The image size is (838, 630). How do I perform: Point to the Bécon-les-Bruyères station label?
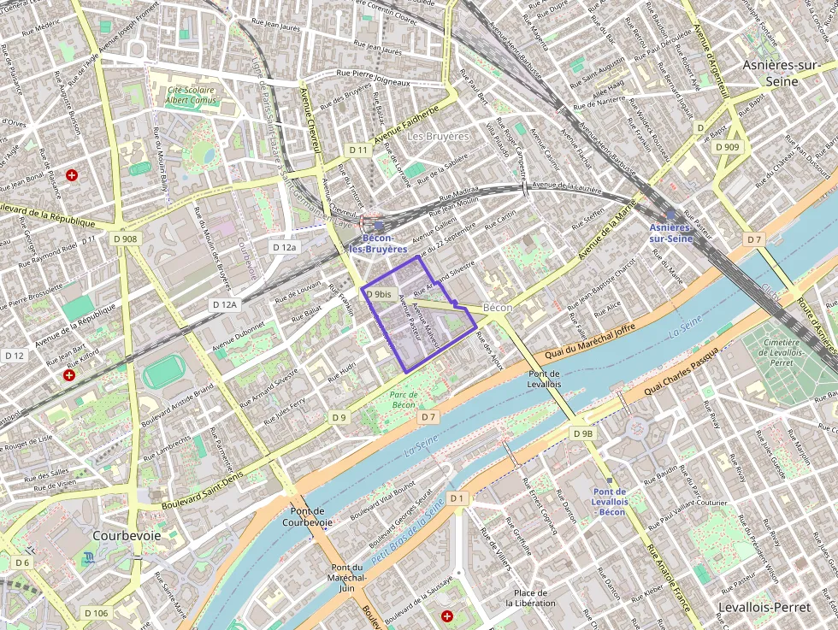[x=372, y=244]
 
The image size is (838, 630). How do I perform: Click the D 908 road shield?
[x=124, y=238]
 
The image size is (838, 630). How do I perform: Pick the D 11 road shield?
[x=358, y=150]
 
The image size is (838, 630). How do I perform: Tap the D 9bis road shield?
[x=379, y=294]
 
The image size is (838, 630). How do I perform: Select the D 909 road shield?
[x=727, y=147]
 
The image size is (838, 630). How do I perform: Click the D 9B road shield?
[x=582, y=433]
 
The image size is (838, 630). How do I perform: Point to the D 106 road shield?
[x=97, y=613]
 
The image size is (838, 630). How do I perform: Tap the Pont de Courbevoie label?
[x=306, y=516]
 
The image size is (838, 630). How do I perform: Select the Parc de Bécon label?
[x=403, y=399]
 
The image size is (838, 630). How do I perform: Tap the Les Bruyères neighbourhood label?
[x=438, y=136]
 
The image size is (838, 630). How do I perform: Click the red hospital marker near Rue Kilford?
[x=71, y=374]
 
